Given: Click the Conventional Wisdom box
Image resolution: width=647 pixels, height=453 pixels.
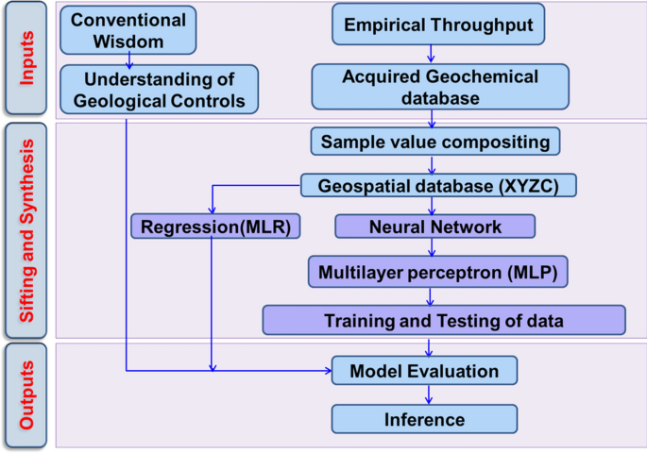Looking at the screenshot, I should (128, 30).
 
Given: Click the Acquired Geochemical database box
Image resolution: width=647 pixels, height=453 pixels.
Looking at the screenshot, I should (440, 87).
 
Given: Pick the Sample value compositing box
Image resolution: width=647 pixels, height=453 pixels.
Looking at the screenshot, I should (435, 143).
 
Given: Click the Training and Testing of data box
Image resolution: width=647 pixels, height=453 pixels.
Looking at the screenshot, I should (443, 320).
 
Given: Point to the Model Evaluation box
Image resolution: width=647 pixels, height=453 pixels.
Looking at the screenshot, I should (424, 370).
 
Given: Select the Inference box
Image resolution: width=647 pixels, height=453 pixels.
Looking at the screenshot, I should (424, 419).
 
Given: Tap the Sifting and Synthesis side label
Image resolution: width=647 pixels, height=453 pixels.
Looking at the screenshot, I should (26, 230).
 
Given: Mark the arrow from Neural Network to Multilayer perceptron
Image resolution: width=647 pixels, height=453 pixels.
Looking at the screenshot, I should (432, 248).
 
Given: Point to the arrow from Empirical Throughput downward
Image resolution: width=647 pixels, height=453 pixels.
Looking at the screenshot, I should (431, 55).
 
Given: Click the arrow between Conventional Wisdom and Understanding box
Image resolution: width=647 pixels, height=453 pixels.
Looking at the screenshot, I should (128, 59).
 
